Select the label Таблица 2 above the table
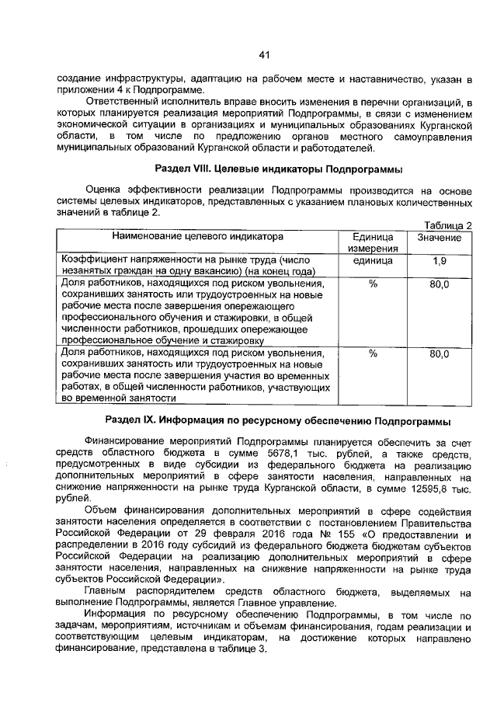450,224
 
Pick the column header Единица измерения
373,242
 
